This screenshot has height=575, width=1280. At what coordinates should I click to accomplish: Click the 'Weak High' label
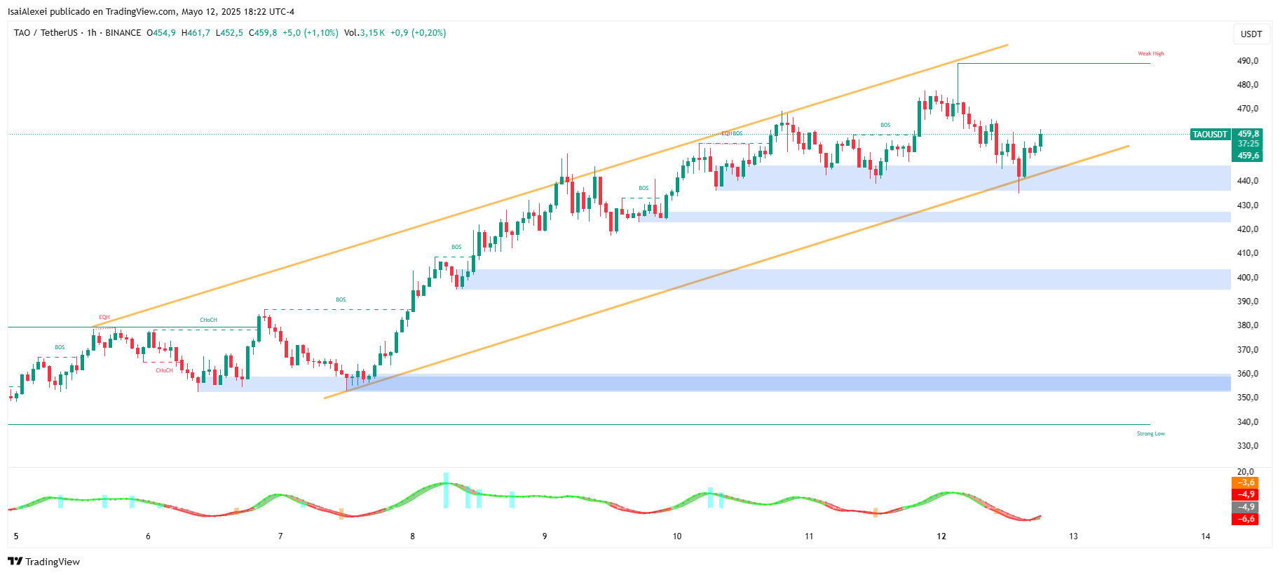1150,53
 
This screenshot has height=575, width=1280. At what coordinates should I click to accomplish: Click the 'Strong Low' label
1150,433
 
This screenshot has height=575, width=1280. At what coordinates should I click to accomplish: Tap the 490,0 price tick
1248,61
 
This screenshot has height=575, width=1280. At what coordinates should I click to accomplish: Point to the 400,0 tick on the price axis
1248,278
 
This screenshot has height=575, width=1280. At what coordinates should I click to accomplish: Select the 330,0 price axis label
1248,446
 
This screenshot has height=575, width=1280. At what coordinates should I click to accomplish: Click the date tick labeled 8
412,536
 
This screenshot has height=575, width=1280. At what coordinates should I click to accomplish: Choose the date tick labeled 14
1205,536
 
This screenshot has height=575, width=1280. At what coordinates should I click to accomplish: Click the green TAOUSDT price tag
1210,134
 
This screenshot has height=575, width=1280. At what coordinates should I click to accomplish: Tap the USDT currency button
1251,34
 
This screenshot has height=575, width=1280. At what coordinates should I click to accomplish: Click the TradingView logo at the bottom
43,562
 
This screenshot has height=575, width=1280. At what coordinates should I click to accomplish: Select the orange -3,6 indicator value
1245,482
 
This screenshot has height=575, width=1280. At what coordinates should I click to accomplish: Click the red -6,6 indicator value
1245,519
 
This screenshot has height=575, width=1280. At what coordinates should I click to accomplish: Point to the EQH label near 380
104,317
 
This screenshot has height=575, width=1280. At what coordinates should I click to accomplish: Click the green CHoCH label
208,320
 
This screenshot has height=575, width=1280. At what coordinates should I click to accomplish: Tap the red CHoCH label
164,370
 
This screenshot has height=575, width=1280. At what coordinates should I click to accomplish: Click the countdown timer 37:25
1248,144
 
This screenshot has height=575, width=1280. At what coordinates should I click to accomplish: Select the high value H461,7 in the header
196,33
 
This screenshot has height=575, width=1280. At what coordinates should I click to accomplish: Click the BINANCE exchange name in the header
123,33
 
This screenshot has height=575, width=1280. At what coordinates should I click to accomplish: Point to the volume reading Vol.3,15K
364,33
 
